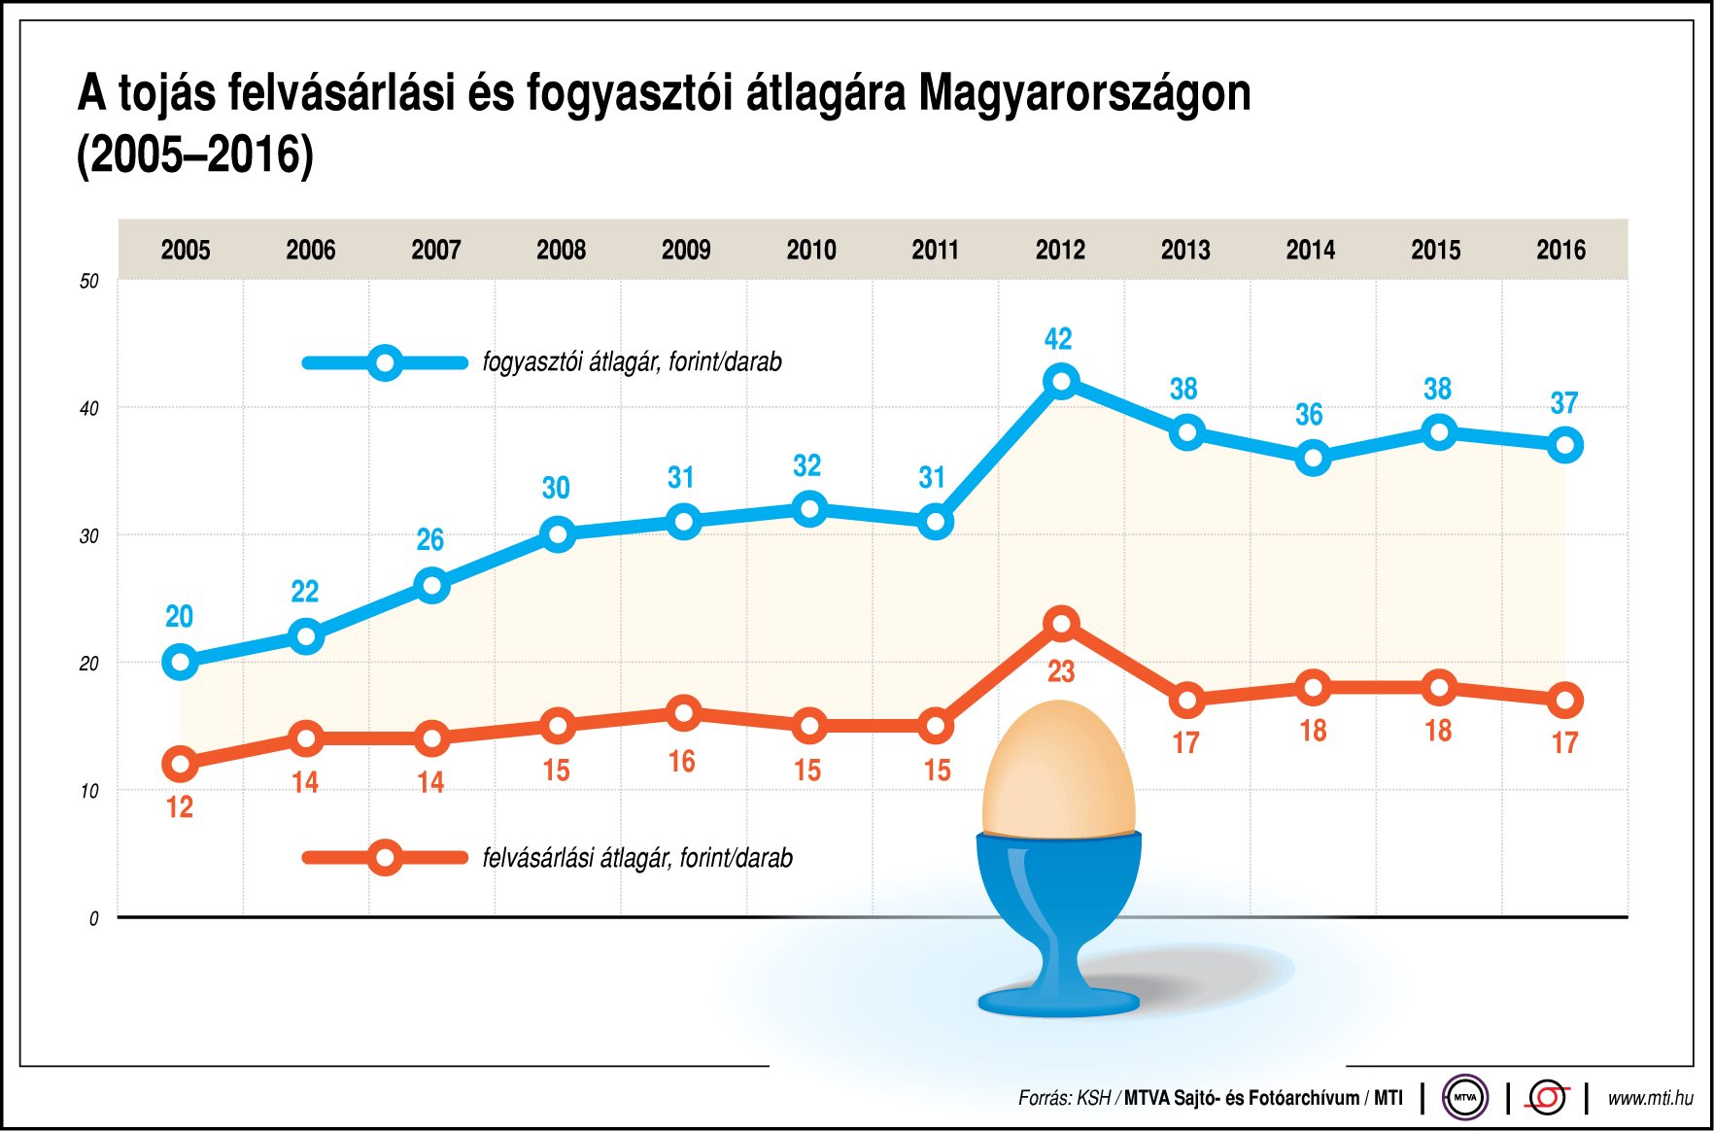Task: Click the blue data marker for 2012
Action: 1061,381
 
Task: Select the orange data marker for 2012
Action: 1061,623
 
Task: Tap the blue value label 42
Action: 1058,339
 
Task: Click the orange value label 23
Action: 1061,671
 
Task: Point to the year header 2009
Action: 686,250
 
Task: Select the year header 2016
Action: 1560,250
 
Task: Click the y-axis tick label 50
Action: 89,282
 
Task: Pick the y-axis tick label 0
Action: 93,918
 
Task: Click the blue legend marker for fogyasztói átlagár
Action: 385,363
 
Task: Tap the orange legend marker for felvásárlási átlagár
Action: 385,857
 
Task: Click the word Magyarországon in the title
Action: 1084,93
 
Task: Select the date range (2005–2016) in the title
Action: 195,154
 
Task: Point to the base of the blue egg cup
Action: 1058,1001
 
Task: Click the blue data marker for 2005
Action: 180,663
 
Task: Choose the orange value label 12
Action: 180,807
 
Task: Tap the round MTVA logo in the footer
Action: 1464,1098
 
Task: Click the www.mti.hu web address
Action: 1649,1098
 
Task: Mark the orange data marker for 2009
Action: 684,713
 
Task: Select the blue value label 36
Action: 1309,415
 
